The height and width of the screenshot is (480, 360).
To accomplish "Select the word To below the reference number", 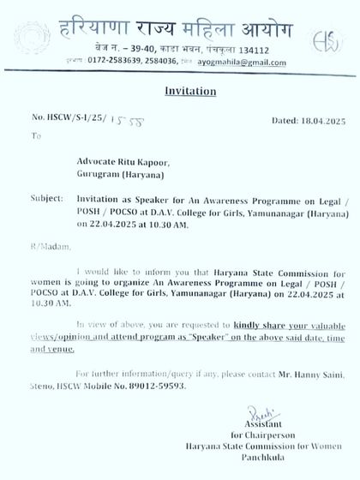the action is point(35,135).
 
